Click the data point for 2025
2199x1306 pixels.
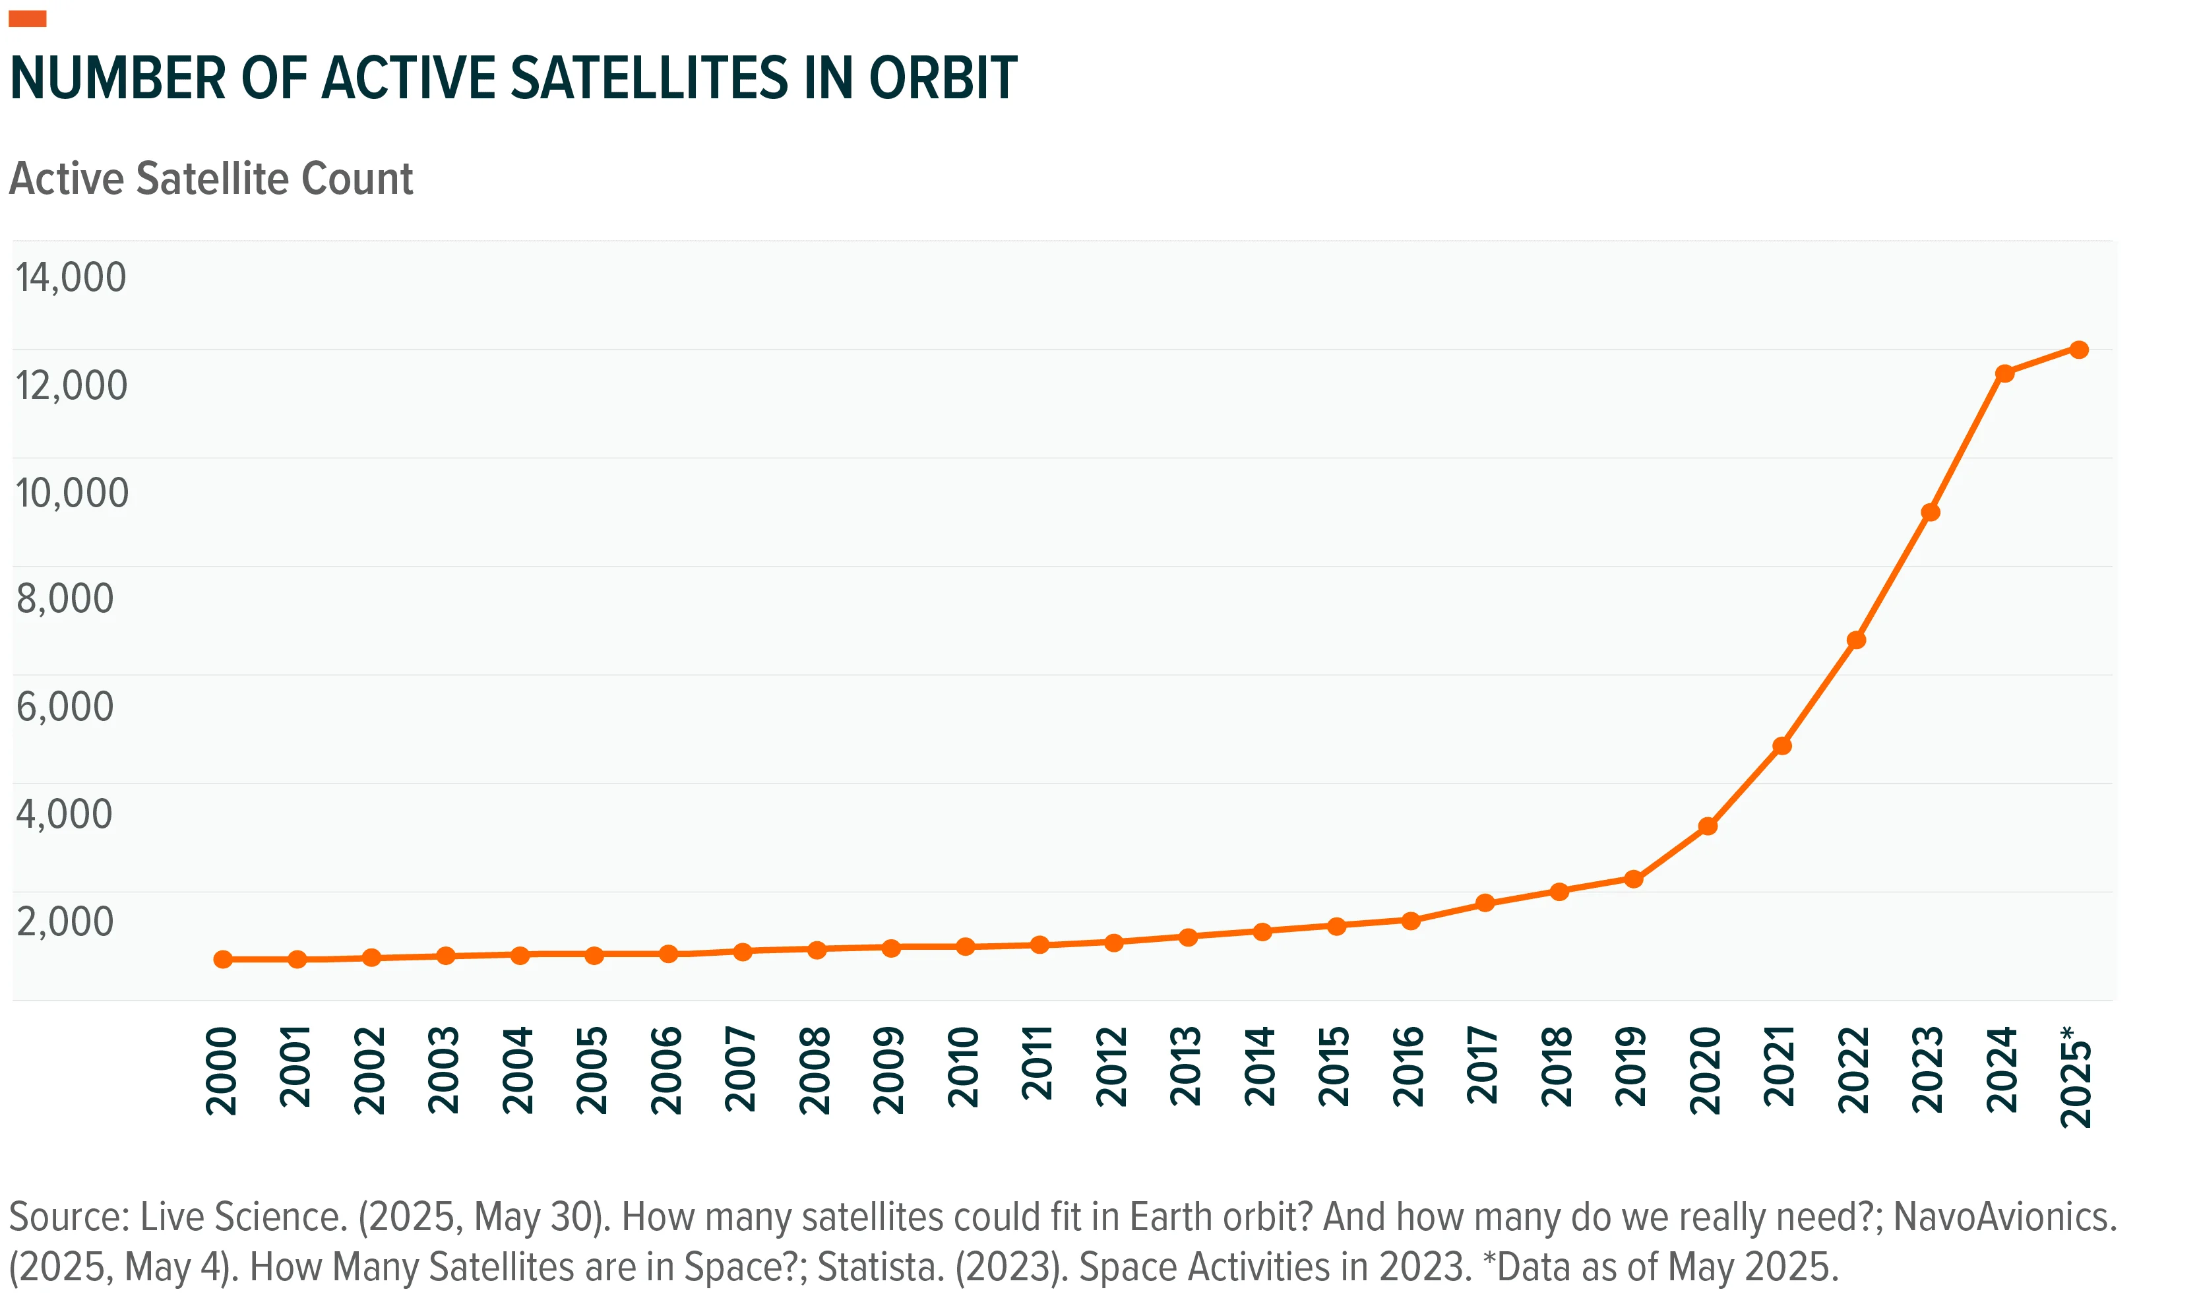click(x=2078, y=350)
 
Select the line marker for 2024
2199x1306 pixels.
click(x=2004, y=373)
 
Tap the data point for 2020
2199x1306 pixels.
click(x=1707, y=826)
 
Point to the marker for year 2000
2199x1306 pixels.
click(x=224, y=959)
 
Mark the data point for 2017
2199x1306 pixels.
click(x=1485, y=903)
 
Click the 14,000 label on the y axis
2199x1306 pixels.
click(x=71, y=277)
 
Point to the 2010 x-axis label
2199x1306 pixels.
click(x=964, y=1067)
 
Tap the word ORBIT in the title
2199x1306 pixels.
click(x=943, y=78)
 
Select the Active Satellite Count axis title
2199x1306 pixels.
click(x=211, y=179)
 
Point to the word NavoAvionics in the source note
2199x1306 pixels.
click(x=2002, y=1217)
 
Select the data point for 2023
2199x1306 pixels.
click(x=1930, y=513)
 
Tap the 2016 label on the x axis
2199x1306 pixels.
click(x=1409, y=1067)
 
